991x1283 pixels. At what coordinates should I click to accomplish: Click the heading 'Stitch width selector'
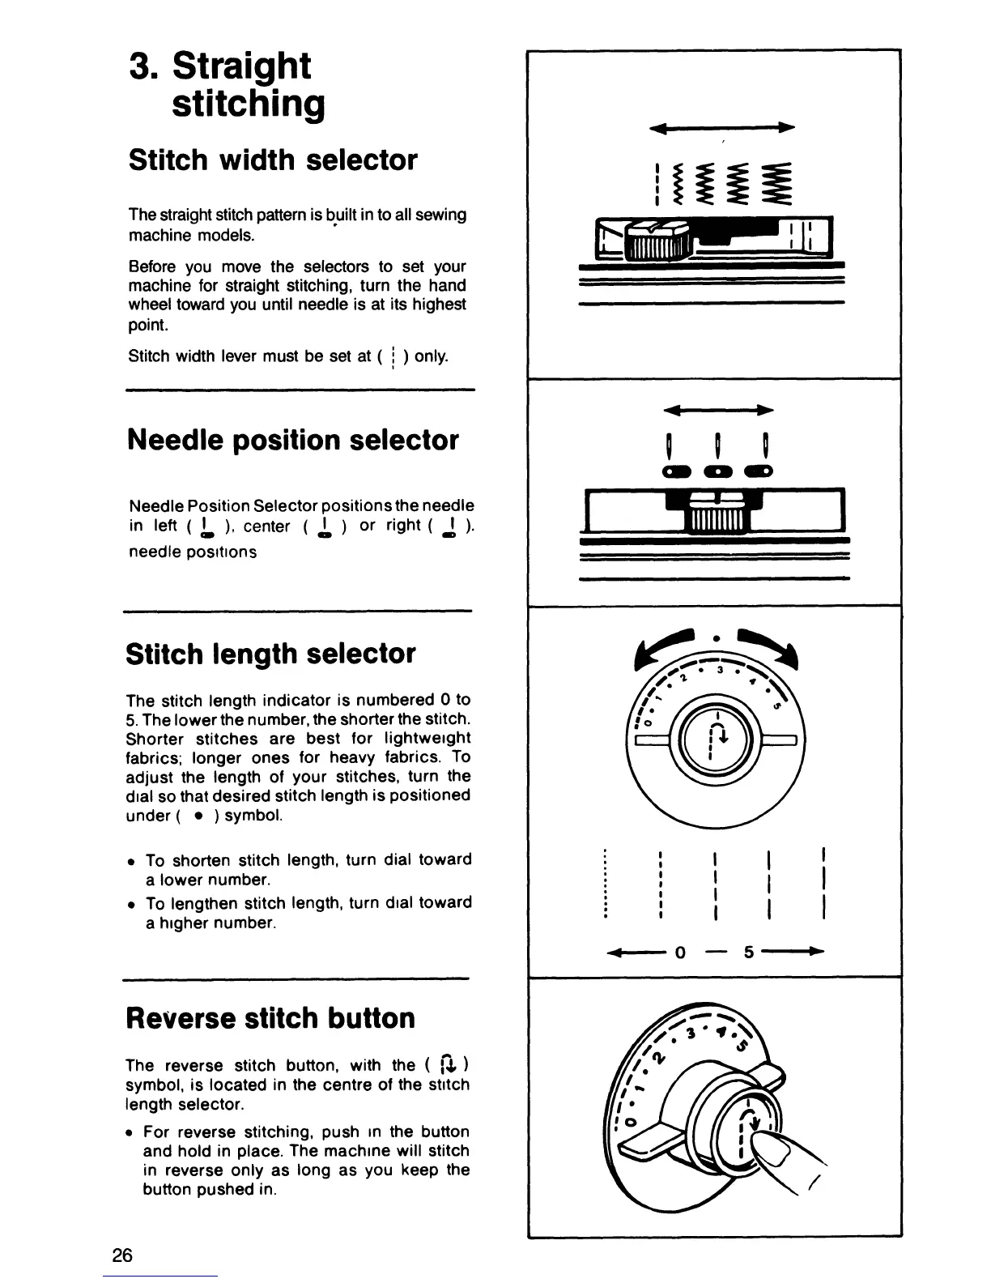273,160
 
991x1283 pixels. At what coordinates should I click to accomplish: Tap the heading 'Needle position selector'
292,440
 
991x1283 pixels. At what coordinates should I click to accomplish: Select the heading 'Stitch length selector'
270,654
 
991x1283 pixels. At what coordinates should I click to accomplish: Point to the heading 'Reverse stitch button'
270,1017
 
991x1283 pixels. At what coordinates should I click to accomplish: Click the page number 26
122,1255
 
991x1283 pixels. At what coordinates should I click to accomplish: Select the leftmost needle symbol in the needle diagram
670,445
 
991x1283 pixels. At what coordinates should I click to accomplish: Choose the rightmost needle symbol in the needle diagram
763,445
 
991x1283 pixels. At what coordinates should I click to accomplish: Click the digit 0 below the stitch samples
680,953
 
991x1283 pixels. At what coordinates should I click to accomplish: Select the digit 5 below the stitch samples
749,953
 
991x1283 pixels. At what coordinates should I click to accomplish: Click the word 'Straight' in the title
241,66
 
